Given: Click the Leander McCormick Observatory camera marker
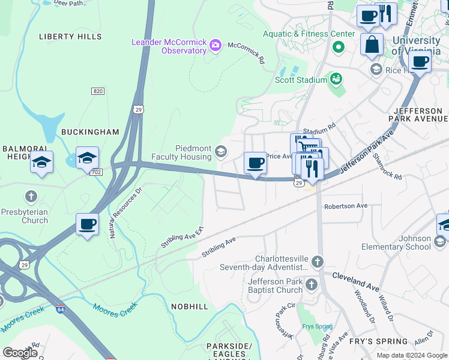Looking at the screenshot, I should tap(215, 45).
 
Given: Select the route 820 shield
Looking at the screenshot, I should tap(98, 91).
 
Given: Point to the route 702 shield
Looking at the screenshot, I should tap(95, 172).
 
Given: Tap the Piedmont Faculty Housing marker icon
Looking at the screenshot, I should tap(221, 151).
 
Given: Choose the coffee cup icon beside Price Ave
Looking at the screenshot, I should tap(255, 163).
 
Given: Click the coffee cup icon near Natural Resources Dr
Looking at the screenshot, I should tap(87, 224).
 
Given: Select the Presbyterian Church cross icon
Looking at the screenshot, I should tap(31, 196).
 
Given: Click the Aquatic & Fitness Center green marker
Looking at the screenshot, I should tap(339, 46).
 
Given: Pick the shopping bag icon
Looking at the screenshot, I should tap(372, 44).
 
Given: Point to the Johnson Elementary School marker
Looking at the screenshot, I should tap(439, 241).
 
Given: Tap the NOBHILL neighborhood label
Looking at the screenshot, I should tap(189, 307).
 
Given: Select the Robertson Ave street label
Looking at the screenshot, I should tap(345, 206).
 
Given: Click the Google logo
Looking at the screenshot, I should tap(20, 353).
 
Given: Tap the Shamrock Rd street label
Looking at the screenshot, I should tap(386, 167).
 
